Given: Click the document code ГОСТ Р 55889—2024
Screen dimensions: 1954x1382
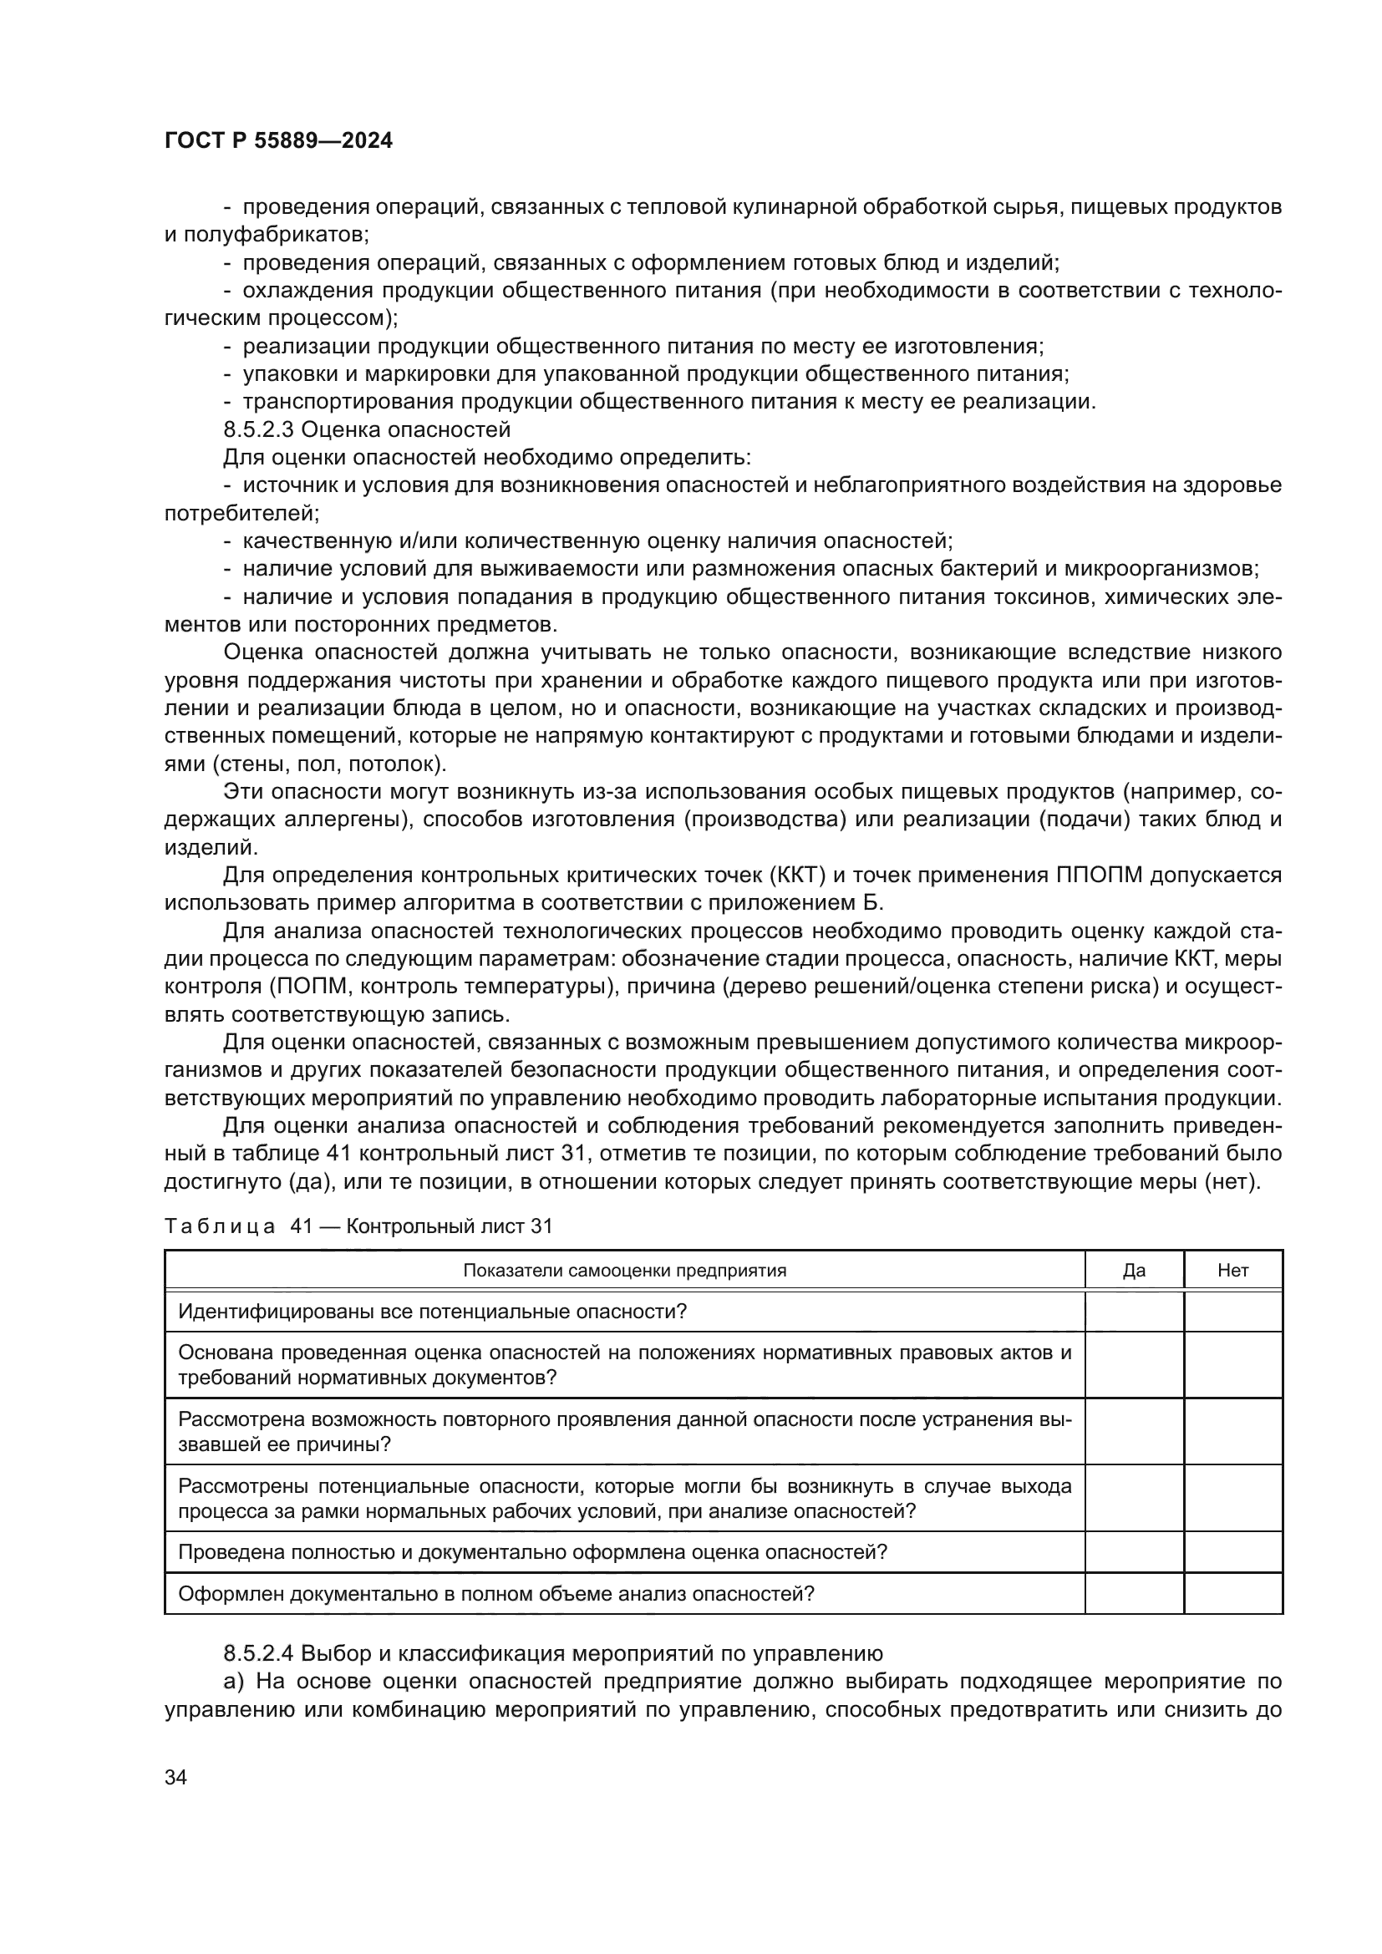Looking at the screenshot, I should [278, 141].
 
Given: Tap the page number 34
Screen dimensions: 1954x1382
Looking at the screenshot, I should [175, 1777].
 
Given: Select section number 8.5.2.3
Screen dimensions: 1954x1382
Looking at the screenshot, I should [261, 429].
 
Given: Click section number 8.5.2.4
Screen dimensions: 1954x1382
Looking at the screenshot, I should [261, 1653].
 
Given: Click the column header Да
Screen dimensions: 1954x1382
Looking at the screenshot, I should [1134, 1271].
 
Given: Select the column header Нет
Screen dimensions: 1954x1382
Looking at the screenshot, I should [1232, 1271].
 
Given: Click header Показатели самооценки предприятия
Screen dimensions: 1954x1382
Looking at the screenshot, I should [624, 1271].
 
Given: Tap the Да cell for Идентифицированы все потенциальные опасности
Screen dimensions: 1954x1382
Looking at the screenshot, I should [1134, 1312].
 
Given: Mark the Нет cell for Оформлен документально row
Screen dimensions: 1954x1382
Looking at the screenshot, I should [1232, 1593].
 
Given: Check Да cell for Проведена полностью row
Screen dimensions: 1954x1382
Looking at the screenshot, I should [1134, 1551].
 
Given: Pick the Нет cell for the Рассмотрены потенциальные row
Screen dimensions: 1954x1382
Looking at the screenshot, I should [1232, 1498].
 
